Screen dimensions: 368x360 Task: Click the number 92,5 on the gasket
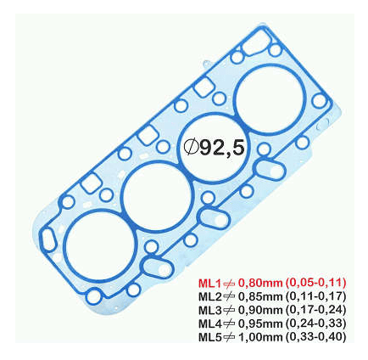[x=222, y=148]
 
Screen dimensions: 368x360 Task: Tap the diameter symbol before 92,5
[x=191, y=148]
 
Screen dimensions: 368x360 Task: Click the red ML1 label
[x=210, y=283]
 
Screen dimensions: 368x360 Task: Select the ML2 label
[x=210, y=296]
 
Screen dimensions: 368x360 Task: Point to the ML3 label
[x=210, y=310]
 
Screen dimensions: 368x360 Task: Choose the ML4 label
[x=210, y=323]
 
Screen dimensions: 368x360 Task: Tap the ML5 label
[x=210, y=336]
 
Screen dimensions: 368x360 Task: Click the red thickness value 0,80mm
[x=260, y=283]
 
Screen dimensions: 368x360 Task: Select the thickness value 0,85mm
[x=260, y=296]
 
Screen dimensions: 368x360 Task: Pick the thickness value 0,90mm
[x=260, y=310]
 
